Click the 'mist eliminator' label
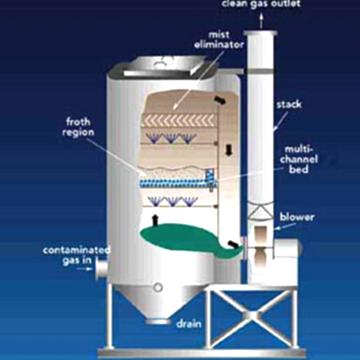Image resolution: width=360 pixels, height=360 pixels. tap(219, 40)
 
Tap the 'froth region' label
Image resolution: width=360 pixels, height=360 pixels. tap(78, 127)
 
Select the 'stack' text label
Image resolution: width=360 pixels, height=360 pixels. tap(289, 104)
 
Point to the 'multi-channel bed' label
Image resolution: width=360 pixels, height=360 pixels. tap(299, 159)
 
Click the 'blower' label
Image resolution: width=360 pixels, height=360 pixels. tap(297, 217)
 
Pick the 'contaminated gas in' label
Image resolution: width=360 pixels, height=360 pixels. tap(76, 255)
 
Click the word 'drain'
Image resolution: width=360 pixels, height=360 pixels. tap(189, 324)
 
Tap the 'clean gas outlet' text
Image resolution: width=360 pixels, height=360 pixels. tap(261, 4)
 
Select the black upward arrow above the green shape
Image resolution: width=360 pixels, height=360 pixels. tap(155, 220)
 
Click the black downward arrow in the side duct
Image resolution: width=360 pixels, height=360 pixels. tap(229, 150)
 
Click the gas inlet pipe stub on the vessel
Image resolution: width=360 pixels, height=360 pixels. tap(102, 269)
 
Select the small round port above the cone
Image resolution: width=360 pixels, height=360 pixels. tap(157, 287)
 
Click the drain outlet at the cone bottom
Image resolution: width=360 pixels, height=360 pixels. tap(157, 321)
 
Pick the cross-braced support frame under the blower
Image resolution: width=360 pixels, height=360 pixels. tap(252, 316)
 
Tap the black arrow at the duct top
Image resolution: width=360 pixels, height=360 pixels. tap(220, 101)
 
